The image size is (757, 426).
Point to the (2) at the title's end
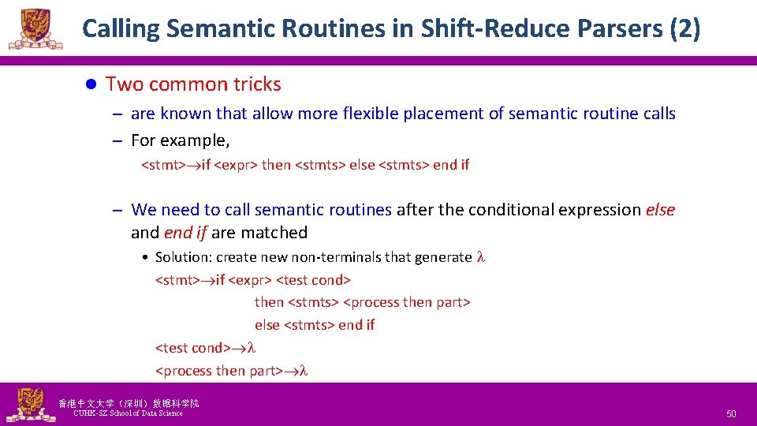click(x=684, y=29)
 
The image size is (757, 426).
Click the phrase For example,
click(x=181, y=140)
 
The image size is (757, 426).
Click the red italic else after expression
click(x=660, y=210)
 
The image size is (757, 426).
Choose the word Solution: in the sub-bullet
click(x=184, y=257)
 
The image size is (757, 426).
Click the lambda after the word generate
click(x=480, y=257)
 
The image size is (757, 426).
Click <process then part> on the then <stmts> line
click(x=407, y=302)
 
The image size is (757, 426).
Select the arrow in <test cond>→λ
click(x=238, y=348)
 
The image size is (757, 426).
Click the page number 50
click(x=731, y=414)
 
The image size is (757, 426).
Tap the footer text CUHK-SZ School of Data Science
click(x=128, y=413)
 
